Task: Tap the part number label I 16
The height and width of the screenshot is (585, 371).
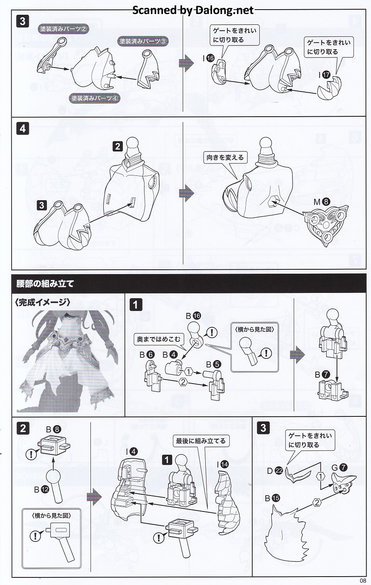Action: point(209,58)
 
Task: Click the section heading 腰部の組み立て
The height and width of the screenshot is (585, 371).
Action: point(45,284)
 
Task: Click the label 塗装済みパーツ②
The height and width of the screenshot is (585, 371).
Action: point(63,29)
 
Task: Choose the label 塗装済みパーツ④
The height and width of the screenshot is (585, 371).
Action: point(95,98)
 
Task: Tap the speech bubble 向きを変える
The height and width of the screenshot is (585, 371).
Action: point(225,157)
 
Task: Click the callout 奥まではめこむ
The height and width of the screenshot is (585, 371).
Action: point(159,340)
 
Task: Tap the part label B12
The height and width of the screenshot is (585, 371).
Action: point(42,489)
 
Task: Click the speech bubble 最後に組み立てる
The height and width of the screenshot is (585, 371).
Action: point(201,441)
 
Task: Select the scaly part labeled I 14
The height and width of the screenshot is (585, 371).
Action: point(226,502)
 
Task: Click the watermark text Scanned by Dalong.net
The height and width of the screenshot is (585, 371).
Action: point(193,10)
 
